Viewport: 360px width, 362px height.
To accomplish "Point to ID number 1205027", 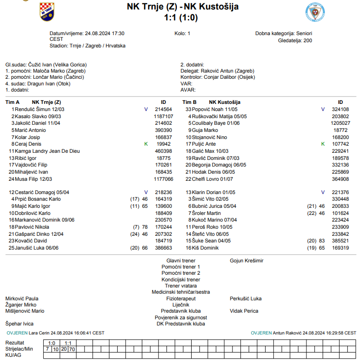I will coord(340,123).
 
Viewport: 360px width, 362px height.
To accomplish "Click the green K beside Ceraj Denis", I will coord(146,144).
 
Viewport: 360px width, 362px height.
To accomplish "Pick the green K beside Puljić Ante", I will coord(323,144).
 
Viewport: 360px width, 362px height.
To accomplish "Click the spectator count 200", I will coord(308,40).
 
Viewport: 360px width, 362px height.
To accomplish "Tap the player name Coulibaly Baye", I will coord(209,123).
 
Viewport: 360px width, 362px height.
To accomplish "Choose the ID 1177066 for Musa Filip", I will coord(164,179).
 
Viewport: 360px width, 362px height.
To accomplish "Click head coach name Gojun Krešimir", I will coord(246,260).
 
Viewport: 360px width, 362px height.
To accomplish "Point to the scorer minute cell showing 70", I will coord(72,349).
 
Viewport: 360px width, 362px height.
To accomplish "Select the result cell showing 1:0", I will coord(52,343).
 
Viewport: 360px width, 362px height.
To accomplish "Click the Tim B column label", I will coord(189,102).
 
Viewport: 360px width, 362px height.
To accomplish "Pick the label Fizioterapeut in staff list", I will coord(181,298).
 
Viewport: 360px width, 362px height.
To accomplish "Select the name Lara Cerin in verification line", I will coord(39,333).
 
